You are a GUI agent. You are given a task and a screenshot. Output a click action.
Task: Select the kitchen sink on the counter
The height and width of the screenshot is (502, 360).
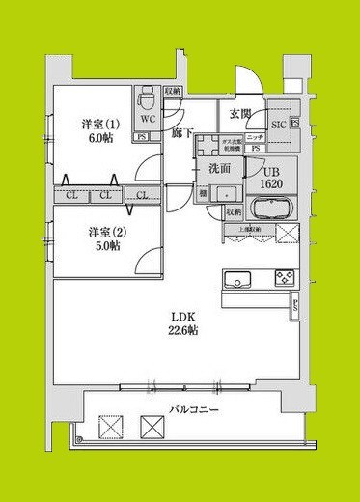(x=237, y=280)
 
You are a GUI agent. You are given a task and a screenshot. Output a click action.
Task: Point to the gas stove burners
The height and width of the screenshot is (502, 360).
(x=284, y=279)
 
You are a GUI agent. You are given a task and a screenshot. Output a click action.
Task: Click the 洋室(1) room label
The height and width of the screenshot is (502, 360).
(x=100, y=124)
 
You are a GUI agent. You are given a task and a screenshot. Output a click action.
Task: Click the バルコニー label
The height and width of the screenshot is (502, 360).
(x=195, y=410)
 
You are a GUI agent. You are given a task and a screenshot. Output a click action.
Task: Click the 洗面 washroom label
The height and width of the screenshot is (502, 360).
(x=219, y=168)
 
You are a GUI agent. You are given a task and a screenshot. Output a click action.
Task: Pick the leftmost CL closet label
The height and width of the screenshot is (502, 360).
(x=71, y=196)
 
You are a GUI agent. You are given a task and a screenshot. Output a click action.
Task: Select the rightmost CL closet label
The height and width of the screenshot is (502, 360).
(x=141, y=196)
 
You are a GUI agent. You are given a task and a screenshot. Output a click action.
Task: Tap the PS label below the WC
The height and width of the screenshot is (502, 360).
(x=143, y=137)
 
